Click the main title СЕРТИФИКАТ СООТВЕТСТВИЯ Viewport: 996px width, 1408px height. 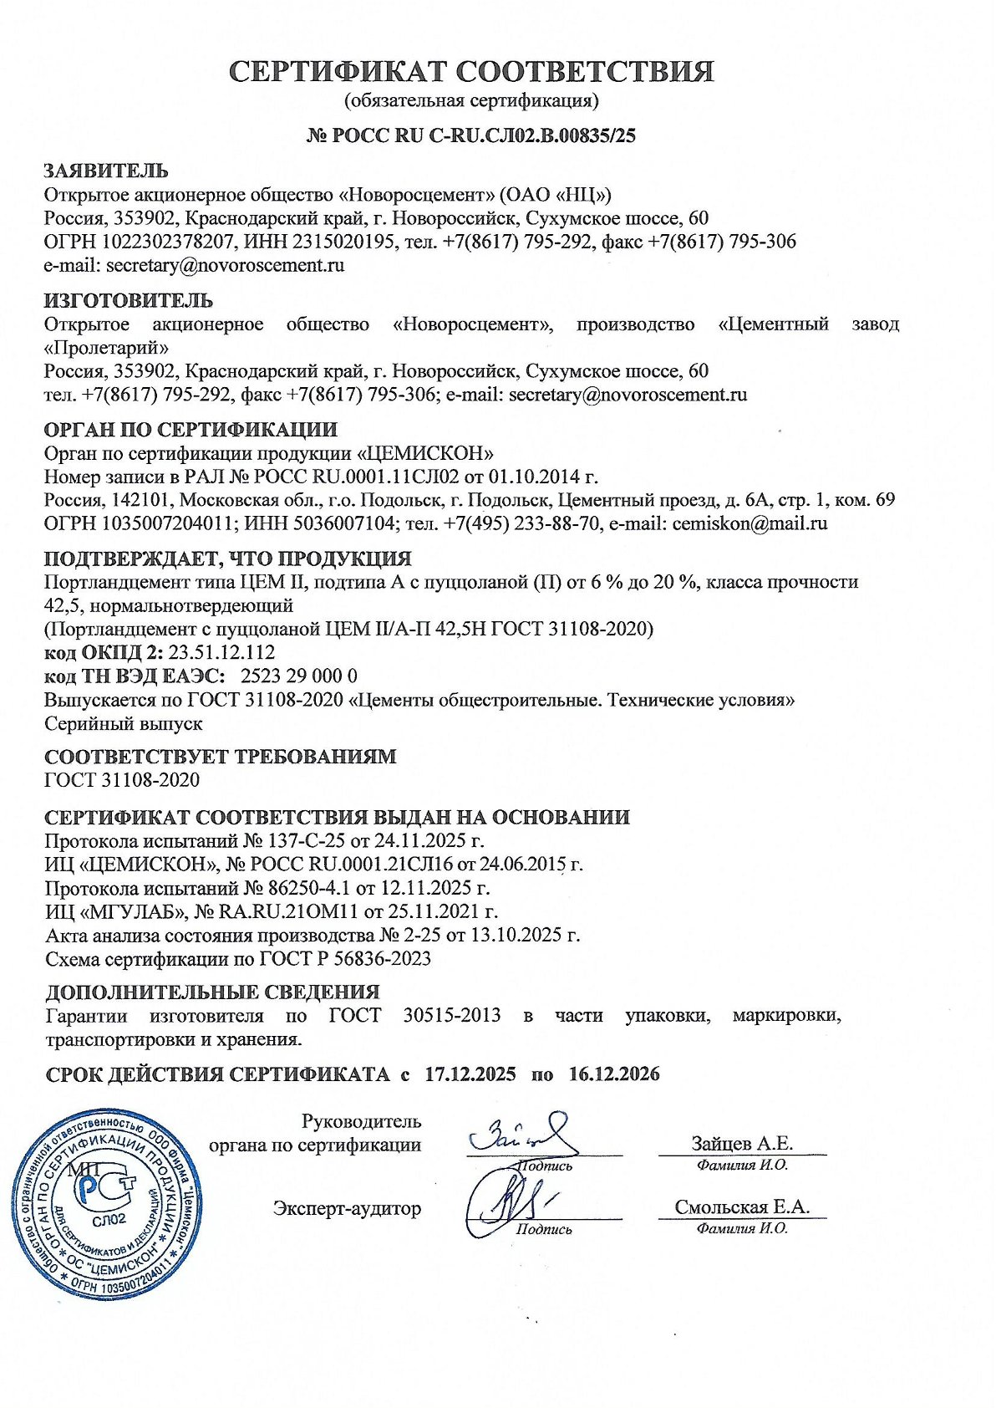point(472,72)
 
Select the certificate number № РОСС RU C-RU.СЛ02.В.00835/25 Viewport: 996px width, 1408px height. point(471,135)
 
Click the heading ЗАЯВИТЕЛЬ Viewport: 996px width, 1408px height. point(106,171)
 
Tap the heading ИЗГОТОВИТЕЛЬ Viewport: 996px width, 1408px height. point(129,300)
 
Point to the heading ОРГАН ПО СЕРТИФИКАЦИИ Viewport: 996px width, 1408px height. point(191,430)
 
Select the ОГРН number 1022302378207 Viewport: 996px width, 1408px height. point(157,242)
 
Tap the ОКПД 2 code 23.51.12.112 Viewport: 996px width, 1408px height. point(221,652)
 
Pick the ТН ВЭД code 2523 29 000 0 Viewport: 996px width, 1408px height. point(299,676)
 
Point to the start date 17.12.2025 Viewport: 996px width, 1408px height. point(470,1074)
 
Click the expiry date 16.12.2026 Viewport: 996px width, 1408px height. point(614,1074)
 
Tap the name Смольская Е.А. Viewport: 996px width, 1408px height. point(742,1207)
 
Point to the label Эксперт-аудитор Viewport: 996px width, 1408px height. point(347,1208)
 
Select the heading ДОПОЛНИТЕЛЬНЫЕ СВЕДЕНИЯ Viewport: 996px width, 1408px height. point(212,992)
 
